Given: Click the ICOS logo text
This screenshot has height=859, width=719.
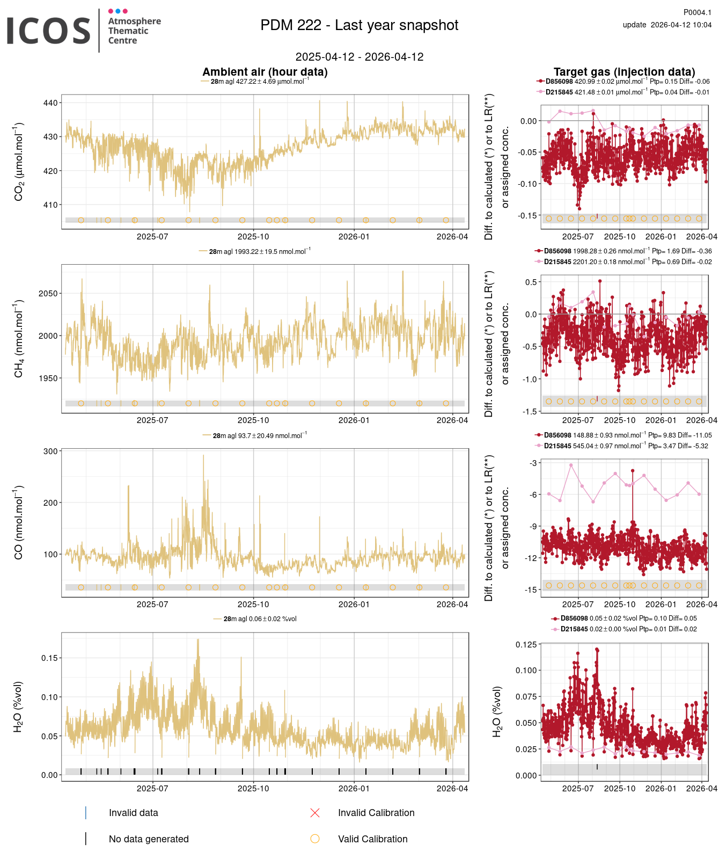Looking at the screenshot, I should [x=48, y=31].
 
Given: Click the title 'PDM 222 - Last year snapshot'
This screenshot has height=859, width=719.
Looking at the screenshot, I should [x=359, y=25].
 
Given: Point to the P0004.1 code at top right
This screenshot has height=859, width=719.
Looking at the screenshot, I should [x=697, y=12].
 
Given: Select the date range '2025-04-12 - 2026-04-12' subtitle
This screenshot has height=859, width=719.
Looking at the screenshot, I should [x=359, y=57].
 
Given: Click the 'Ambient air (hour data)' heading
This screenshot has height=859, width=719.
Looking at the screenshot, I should [x=265, y=72].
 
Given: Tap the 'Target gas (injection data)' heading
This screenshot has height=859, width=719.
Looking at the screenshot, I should [x=624, y=72].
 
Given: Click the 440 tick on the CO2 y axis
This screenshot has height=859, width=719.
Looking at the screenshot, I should [x=50, y=103].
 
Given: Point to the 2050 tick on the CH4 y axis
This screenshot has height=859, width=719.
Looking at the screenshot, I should [x=48, y=294].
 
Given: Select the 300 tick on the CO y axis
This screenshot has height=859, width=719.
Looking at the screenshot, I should [x=50, y=452].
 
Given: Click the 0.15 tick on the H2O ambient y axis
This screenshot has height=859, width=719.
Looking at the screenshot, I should [x=49, y=658].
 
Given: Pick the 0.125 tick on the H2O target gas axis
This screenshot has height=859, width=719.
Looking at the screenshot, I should [x=526, y=645].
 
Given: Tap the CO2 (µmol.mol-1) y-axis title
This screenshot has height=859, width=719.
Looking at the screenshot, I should [x=19, y=162].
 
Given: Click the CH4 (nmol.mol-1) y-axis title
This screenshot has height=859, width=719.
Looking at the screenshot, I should [x=19, y=339].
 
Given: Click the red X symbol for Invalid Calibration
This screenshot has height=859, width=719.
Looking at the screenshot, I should [x=315, y=813].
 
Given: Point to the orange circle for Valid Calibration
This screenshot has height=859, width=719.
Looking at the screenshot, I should [x=315, y=839].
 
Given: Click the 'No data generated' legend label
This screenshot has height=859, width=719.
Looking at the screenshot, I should [x=149, y=839].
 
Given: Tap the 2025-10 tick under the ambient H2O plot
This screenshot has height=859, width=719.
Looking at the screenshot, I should [x=253, y=789].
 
